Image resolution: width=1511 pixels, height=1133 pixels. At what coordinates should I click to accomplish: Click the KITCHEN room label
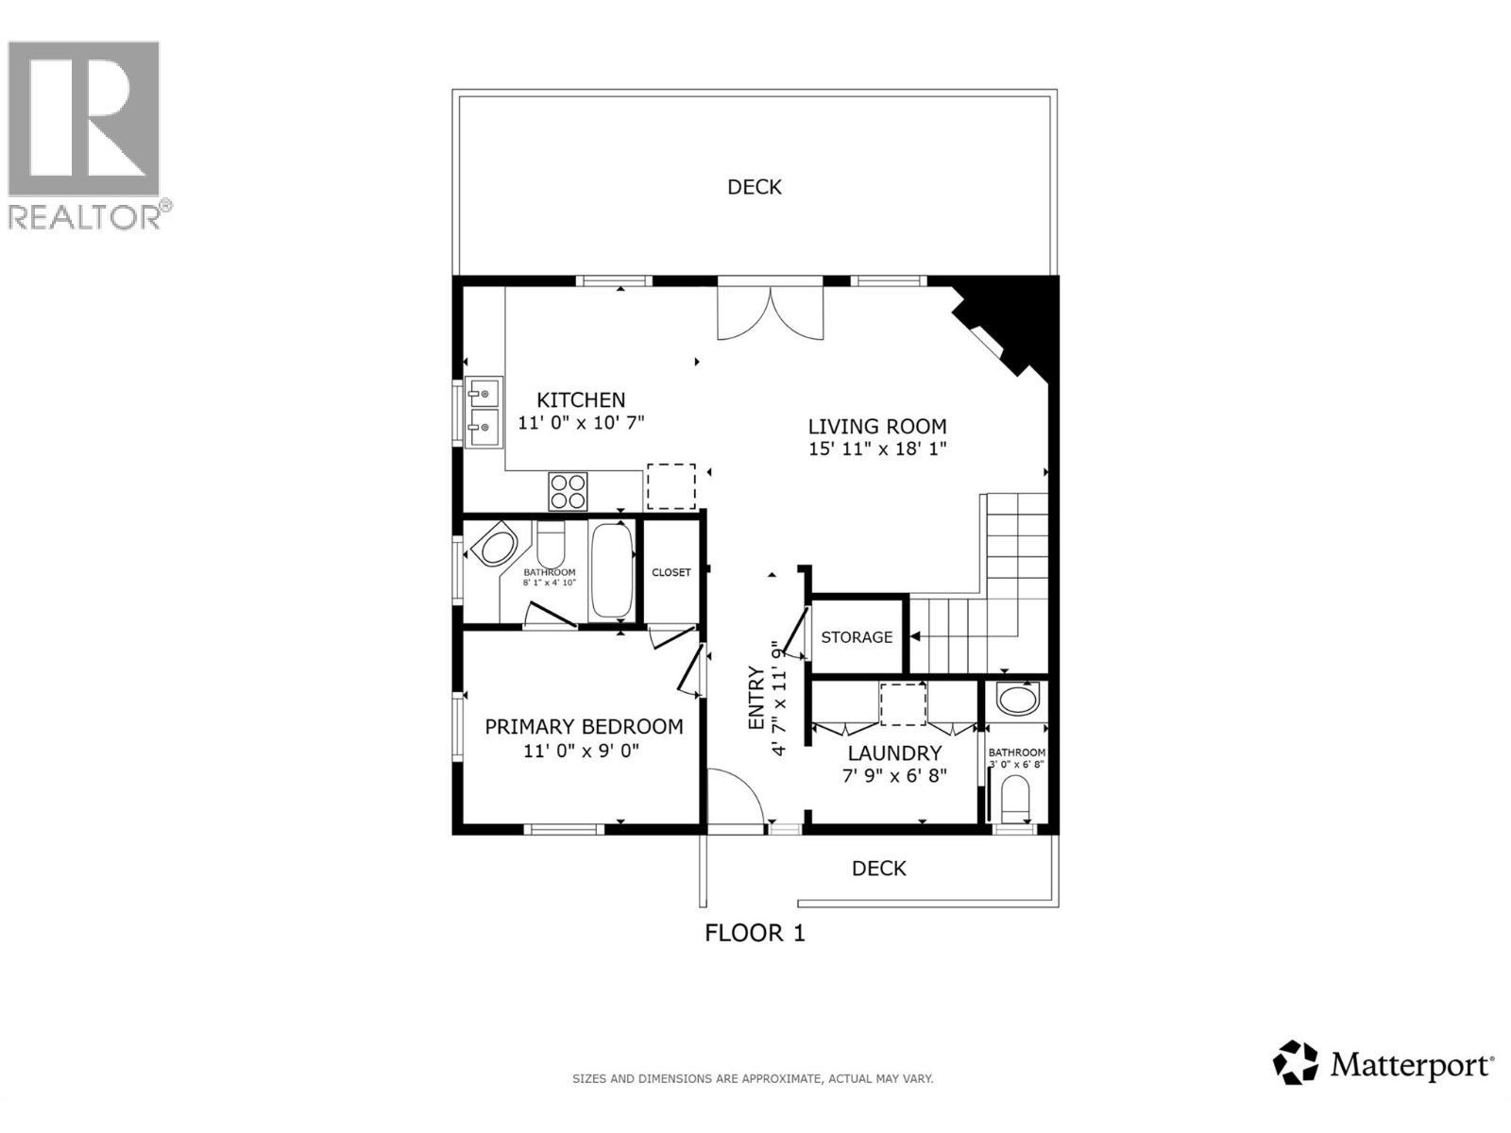coord(581,400)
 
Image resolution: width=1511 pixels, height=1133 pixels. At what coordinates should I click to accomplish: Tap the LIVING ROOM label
coord(877,427)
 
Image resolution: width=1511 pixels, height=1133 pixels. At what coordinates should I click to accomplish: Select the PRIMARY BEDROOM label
coord(584,727)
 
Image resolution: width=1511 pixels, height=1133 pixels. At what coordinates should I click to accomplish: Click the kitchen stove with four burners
coord(568,491)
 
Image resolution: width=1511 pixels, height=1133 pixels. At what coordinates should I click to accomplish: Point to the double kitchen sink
coord(484,413)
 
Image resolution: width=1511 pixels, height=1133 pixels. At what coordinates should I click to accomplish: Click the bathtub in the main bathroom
coord(612,571)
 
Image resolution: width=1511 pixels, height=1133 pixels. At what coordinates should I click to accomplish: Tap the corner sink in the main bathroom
coord(494,547)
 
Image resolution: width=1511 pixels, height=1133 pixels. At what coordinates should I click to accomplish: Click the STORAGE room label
coord(857,637)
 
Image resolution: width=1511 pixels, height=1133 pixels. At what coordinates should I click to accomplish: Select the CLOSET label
coord(671,572)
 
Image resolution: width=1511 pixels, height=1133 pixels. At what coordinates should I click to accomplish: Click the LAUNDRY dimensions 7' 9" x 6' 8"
coord(894,776)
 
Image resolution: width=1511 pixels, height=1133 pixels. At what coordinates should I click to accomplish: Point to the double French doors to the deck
coord(771,312)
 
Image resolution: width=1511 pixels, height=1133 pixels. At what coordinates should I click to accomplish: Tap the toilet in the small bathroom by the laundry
coord(1015,798)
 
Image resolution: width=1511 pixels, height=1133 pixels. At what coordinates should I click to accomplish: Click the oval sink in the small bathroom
coord(1016,700)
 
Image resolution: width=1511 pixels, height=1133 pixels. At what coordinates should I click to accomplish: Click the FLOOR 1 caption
coord(755,933)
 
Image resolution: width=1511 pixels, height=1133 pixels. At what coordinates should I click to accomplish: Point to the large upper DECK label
coord(755,187)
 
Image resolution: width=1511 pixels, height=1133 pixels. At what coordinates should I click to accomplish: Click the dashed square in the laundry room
coord(903,704)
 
